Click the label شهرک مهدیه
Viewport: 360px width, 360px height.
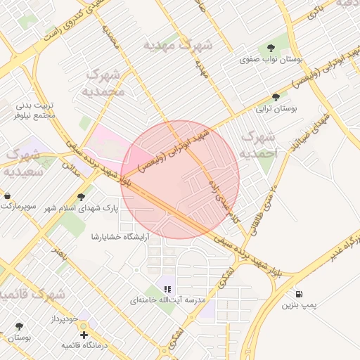click(x=177, y=45)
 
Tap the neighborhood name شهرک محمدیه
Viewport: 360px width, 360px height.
click(x=105, y=82)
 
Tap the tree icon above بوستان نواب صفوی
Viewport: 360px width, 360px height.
click(x=271, y=48)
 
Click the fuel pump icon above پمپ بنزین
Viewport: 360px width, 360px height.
click(x=300, y=294)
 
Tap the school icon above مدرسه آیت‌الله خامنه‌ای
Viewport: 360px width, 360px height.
click(x=167, y=288)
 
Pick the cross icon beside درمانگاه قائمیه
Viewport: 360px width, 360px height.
click(x=84, y=335)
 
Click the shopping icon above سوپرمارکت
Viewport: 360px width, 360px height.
click(x=7, y=195)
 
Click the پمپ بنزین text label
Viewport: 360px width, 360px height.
click(x=300, y=306)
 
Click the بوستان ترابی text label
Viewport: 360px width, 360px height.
click(x=276, y=109)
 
